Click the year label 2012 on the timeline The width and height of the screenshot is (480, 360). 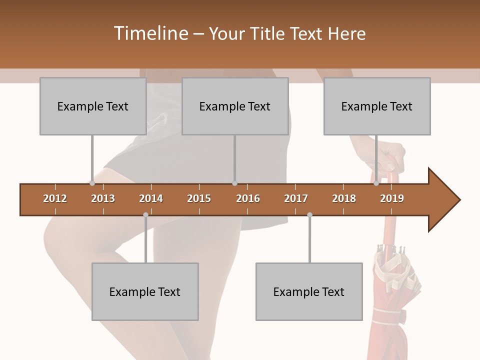(55, 198)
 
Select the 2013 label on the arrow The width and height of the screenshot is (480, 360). (103, 198)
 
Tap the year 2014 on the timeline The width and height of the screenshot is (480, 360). (151, 198)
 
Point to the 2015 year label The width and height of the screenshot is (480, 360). (199, 198)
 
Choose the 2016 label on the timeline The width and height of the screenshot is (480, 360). (248, 198)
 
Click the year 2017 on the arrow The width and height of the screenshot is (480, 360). (296, 198)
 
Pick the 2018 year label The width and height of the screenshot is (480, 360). (344, 198)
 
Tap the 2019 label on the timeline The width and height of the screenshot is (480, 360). (392, 198)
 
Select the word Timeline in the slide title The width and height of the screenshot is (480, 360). (150, 33)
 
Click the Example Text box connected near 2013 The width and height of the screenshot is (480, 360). (93, 106)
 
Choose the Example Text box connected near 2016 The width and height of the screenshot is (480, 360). (235, 106)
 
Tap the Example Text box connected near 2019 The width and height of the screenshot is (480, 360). (377, 106)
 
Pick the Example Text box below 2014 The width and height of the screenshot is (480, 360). (145, 291)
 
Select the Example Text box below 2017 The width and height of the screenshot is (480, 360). (309, 291)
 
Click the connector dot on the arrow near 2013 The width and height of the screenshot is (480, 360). (92, 183)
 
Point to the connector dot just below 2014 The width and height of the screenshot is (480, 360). (145, 214)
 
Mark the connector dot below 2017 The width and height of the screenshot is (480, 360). (309, 214)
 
